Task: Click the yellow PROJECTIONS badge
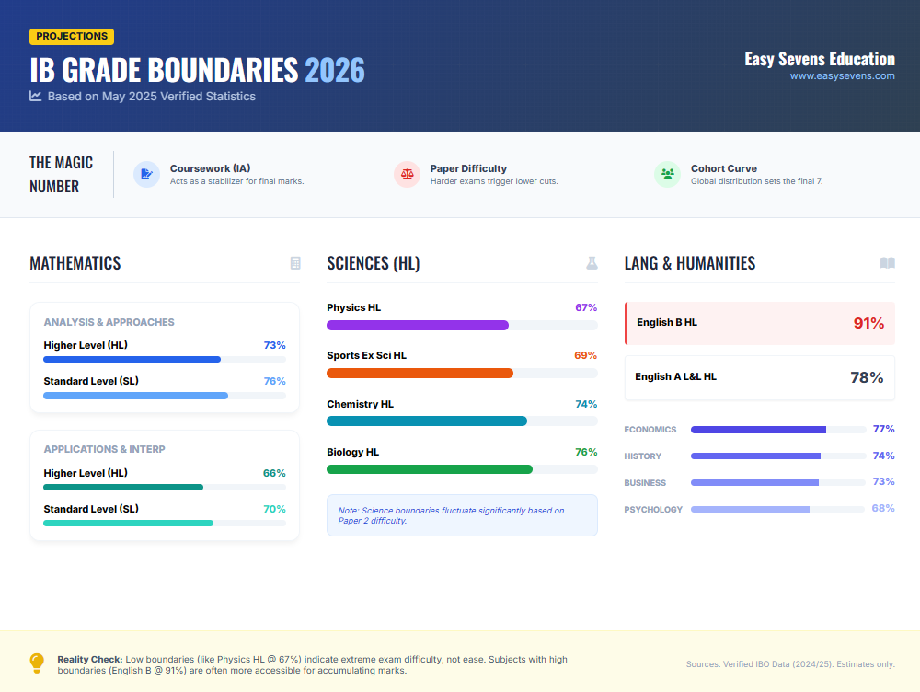pyautogui.click(x=72, y=36)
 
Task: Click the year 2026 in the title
pyautogui.click(x=334, y=70)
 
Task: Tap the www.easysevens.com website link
pyautogui.click(x=842, y=76)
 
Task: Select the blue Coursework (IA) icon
pyautogui.click(x=146, y=174)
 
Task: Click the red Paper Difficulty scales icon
pyautogui.click(x=407, y=174)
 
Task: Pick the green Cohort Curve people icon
pyautogui.click(x=667, y=174)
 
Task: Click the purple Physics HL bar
pyautogui.click(x=418, y=325)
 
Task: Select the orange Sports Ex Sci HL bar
pyautogui.click(x=420, y=373)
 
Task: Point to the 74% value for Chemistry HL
pyautogui.click(x=586, y=404)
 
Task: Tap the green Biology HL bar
pyautogui.click(x=429, y=469)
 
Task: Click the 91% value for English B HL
pyautogui.click(x=868, y=323)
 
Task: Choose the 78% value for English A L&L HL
pyautogui.click(x=867, y=377)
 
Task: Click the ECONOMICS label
pyautogui.click(x=650, y=430)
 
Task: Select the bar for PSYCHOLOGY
pyautogui.click(x=750, y=509)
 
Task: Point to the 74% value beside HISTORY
pyautogui.click(x=883, y=456)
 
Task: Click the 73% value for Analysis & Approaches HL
pyautogui.click(x=274, y=345)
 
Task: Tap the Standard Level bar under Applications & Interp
pyautogui.click(x=128, y=523)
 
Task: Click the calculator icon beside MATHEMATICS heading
pyautogui.click(x=295, y=263)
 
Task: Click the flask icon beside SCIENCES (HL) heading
pyautogui.click(x=592, y=263)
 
